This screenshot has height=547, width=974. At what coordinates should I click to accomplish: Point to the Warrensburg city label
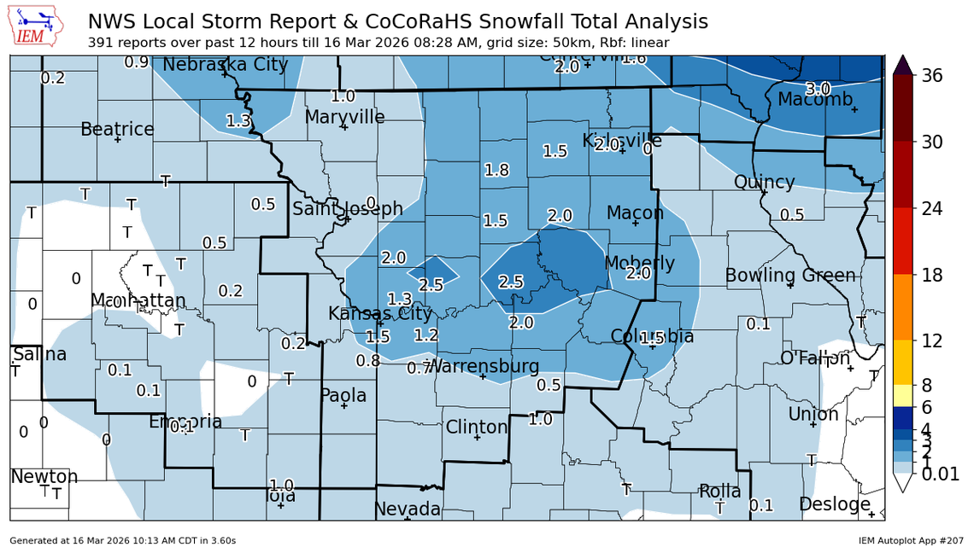click(x=483, y=367)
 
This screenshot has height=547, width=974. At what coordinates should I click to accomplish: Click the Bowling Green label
click(x=790, y=276)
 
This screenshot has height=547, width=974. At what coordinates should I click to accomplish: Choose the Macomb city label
click(x=814, y=100)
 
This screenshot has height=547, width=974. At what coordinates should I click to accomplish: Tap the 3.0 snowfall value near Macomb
click(x=819, y=89)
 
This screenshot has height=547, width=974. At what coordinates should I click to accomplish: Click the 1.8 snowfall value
click(x=496, y=170)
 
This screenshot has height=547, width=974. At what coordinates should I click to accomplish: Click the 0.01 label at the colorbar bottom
click(x=941, y=474)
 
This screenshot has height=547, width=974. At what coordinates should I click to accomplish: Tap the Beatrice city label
click(x=117, y=130)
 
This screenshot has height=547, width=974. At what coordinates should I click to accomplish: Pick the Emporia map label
click(x=185, y=422)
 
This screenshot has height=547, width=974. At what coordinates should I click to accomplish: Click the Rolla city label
click(x=719, y=492)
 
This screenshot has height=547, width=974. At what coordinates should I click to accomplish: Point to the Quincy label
click(x=764, y=183)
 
